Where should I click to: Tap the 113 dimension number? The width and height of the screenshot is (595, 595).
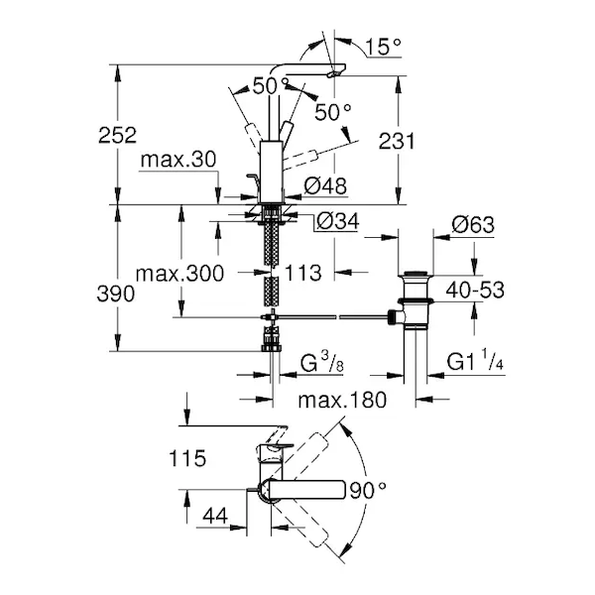click(302, 273)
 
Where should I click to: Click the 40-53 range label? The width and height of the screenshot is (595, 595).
click(473, 289)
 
